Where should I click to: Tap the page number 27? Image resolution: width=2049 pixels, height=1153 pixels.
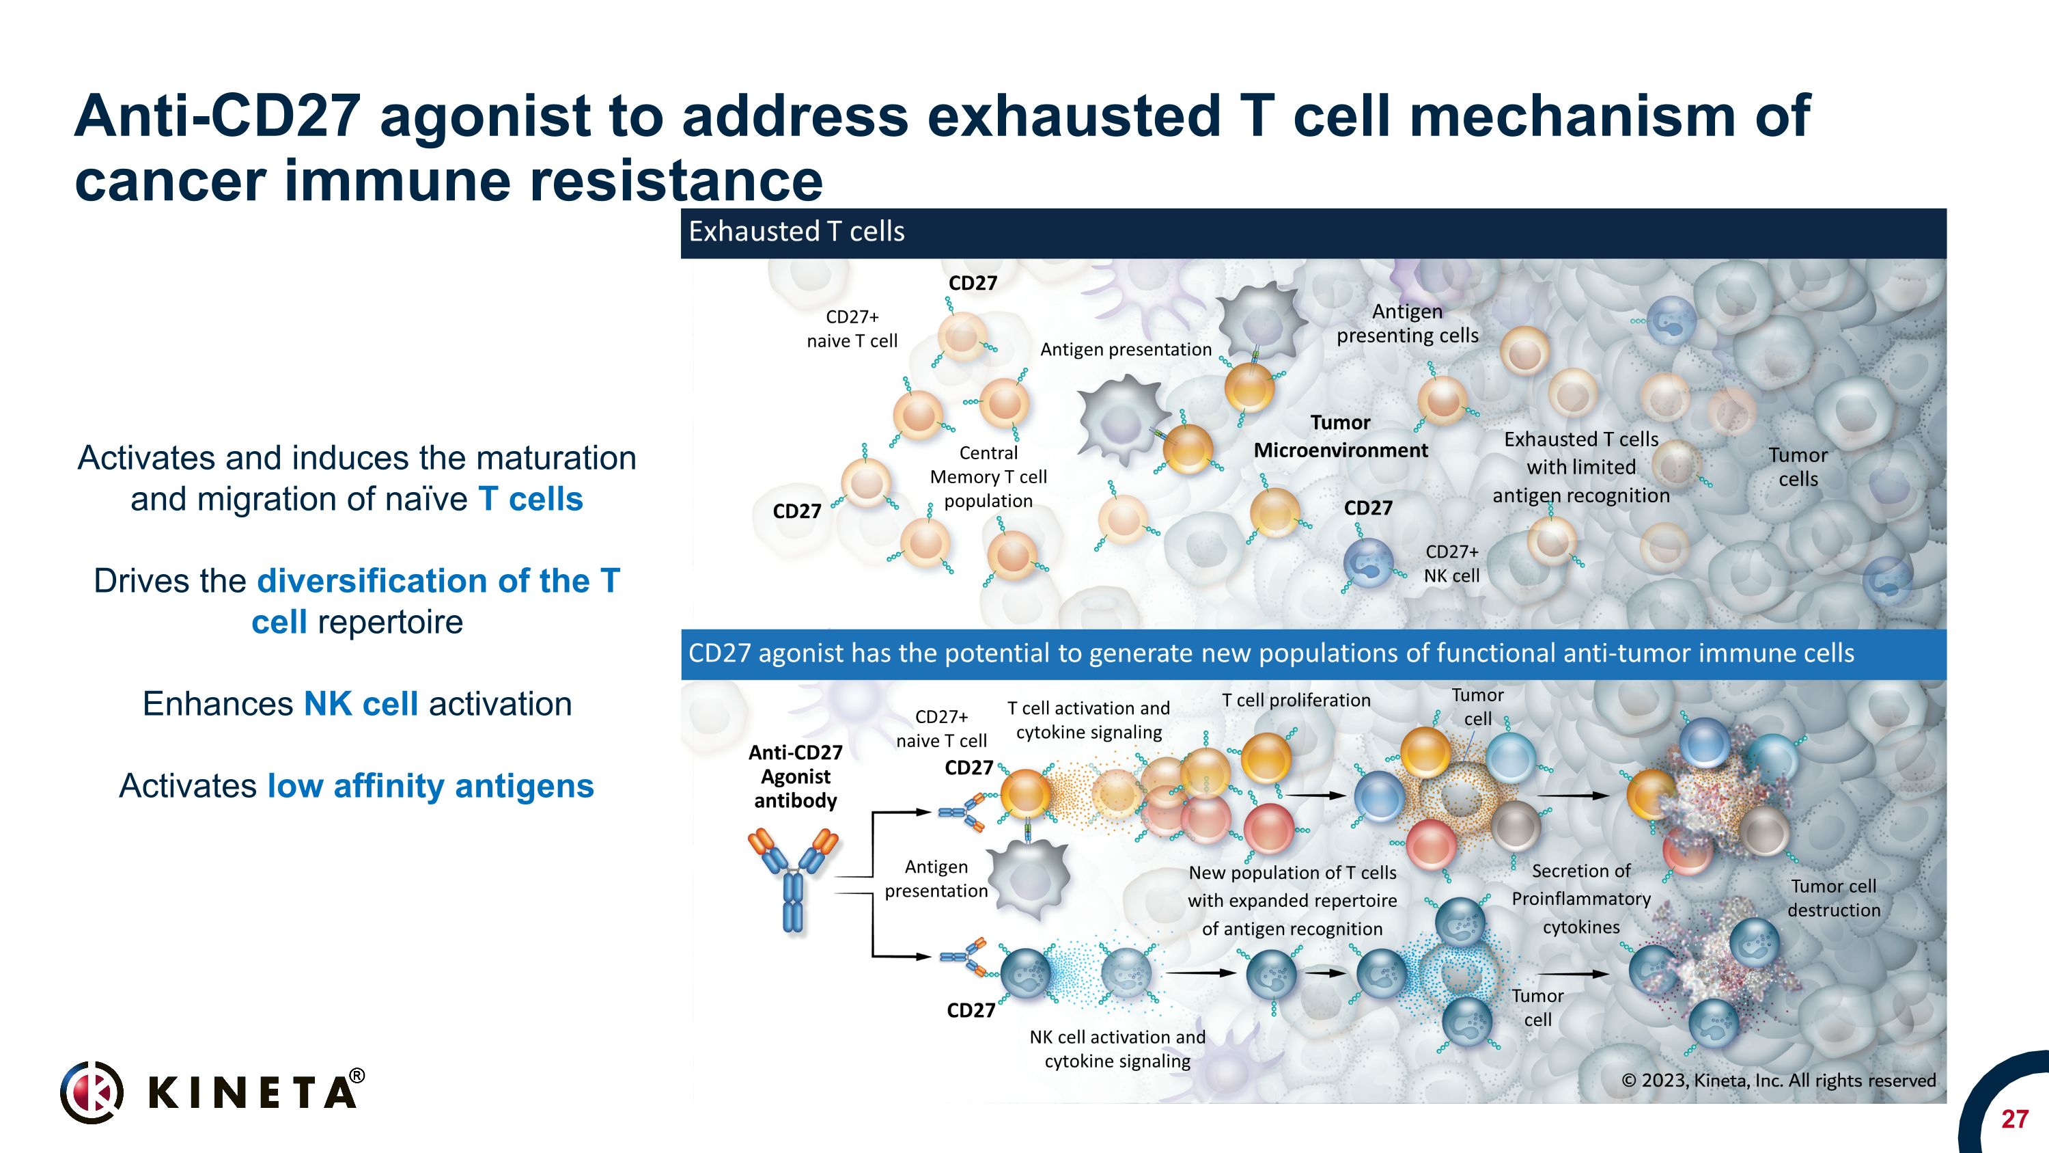[x=2014, y=1119]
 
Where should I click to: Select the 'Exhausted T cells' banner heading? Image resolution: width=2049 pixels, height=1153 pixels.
[x=796, y=232]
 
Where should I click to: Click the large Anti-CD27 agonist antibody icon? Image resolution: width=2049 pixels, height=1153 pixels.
[x=793, y=878]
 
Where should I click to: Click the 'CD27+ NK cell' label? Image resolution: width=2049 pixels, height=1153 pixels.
[x=1451, y=563]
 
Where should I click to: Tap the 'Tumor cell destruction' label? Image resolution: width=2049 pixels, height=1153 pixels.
[x=1833, y=897]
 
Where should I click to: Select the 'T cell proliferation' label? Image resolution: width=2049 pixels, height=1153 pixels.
[x=1296, y=701]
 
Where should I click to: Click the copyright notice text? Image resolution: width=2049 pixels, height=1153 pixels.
[x=1778, y=1080]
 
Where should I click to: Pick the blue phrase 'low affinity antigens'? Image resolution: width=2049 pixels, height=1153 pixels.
[x=430, y=785]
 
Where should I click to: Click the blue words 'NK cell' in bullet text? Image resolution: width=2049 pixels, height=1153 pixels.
[x=361, y=703]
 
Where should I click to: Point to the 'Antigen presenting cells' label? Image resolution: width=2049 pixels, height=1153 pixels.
[x=1406, y=323]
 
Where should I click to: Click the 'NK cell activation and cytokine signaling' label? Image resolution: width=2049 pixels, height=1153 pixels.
[x=1117, y=1048]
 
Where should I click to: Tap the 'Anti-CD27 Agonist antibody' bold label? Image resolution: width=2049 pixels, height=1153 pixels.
[x=796, y=776]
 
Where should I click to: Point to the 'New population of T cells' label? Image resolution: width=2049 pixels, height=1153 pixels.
[x=1292, y=873]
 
